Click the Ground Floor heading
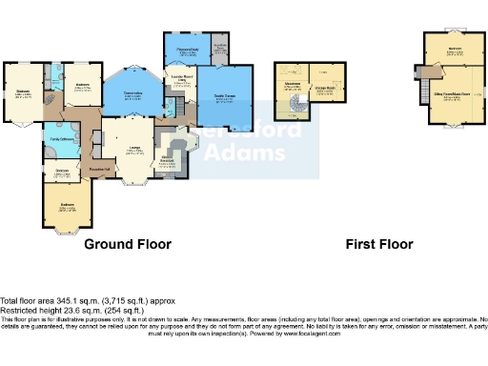(128, 244)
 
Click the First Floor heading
(378, 244)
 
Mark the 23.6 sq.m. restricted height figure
(67, 309)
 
